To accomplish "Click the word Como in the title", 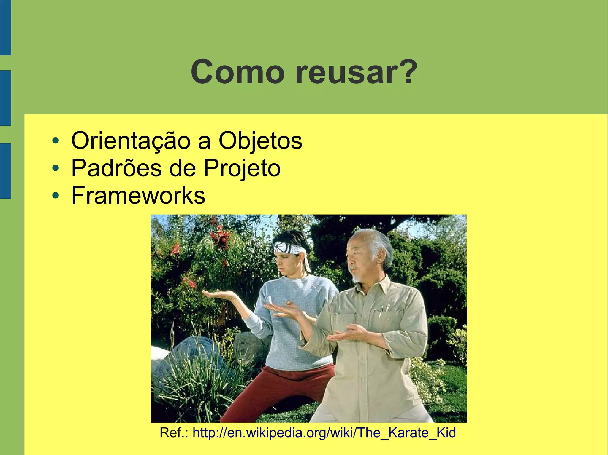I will coord(237,72).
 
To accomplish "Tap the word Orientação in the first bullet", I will coord(131,141).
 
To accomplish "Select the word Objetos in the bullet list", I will coord(260,141).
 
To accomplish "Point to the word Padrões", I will coord(116,168).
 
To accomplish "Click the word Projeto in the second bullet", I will coord(242,168).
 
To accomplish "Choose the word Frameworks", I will coord(138,195).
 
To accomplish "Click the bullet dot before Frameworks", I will coord(55,196).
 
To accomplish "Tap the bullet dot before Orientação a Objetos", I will coord(55,141).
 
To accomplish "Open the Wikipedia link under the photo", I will coord(324,433).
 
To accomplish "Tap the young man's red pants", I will coord(285,385).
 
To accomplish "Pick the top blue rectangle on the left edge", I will coord(5,28).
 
